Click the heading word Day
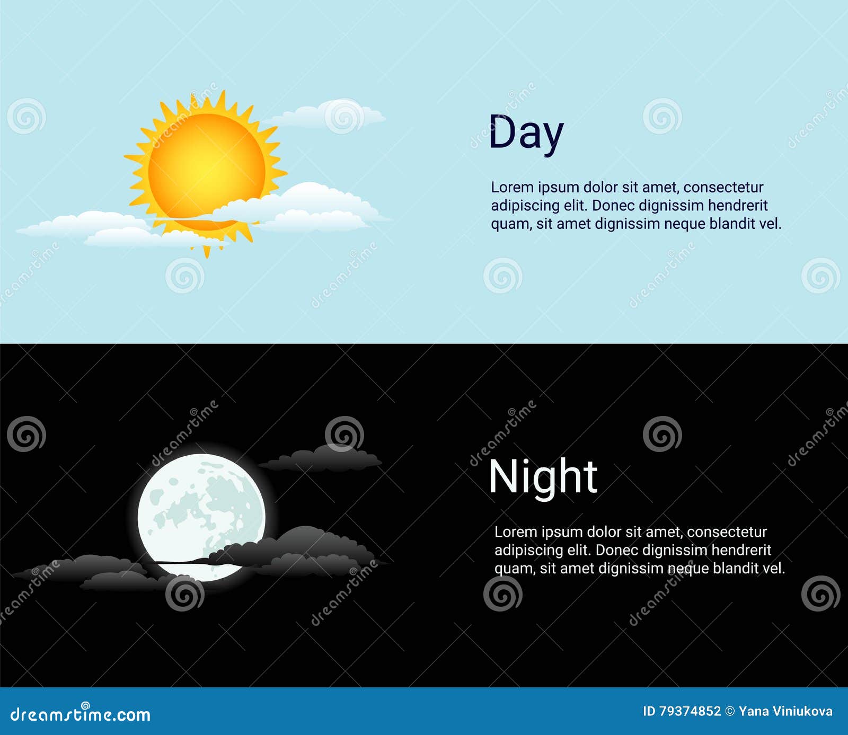pyautogui.click(x=525, y=132)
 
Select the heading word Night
pyautogui.click(x=543, y=477)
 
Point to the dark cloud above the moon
pyautogui.click(x=323, y=459)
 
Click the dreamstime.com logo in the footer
pyautogui.click(x=80, y=714)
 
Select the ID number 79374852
pyautogui.click(x=690, y=711)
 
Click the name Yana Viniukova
pyautogui.click(x=785, y=711)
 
